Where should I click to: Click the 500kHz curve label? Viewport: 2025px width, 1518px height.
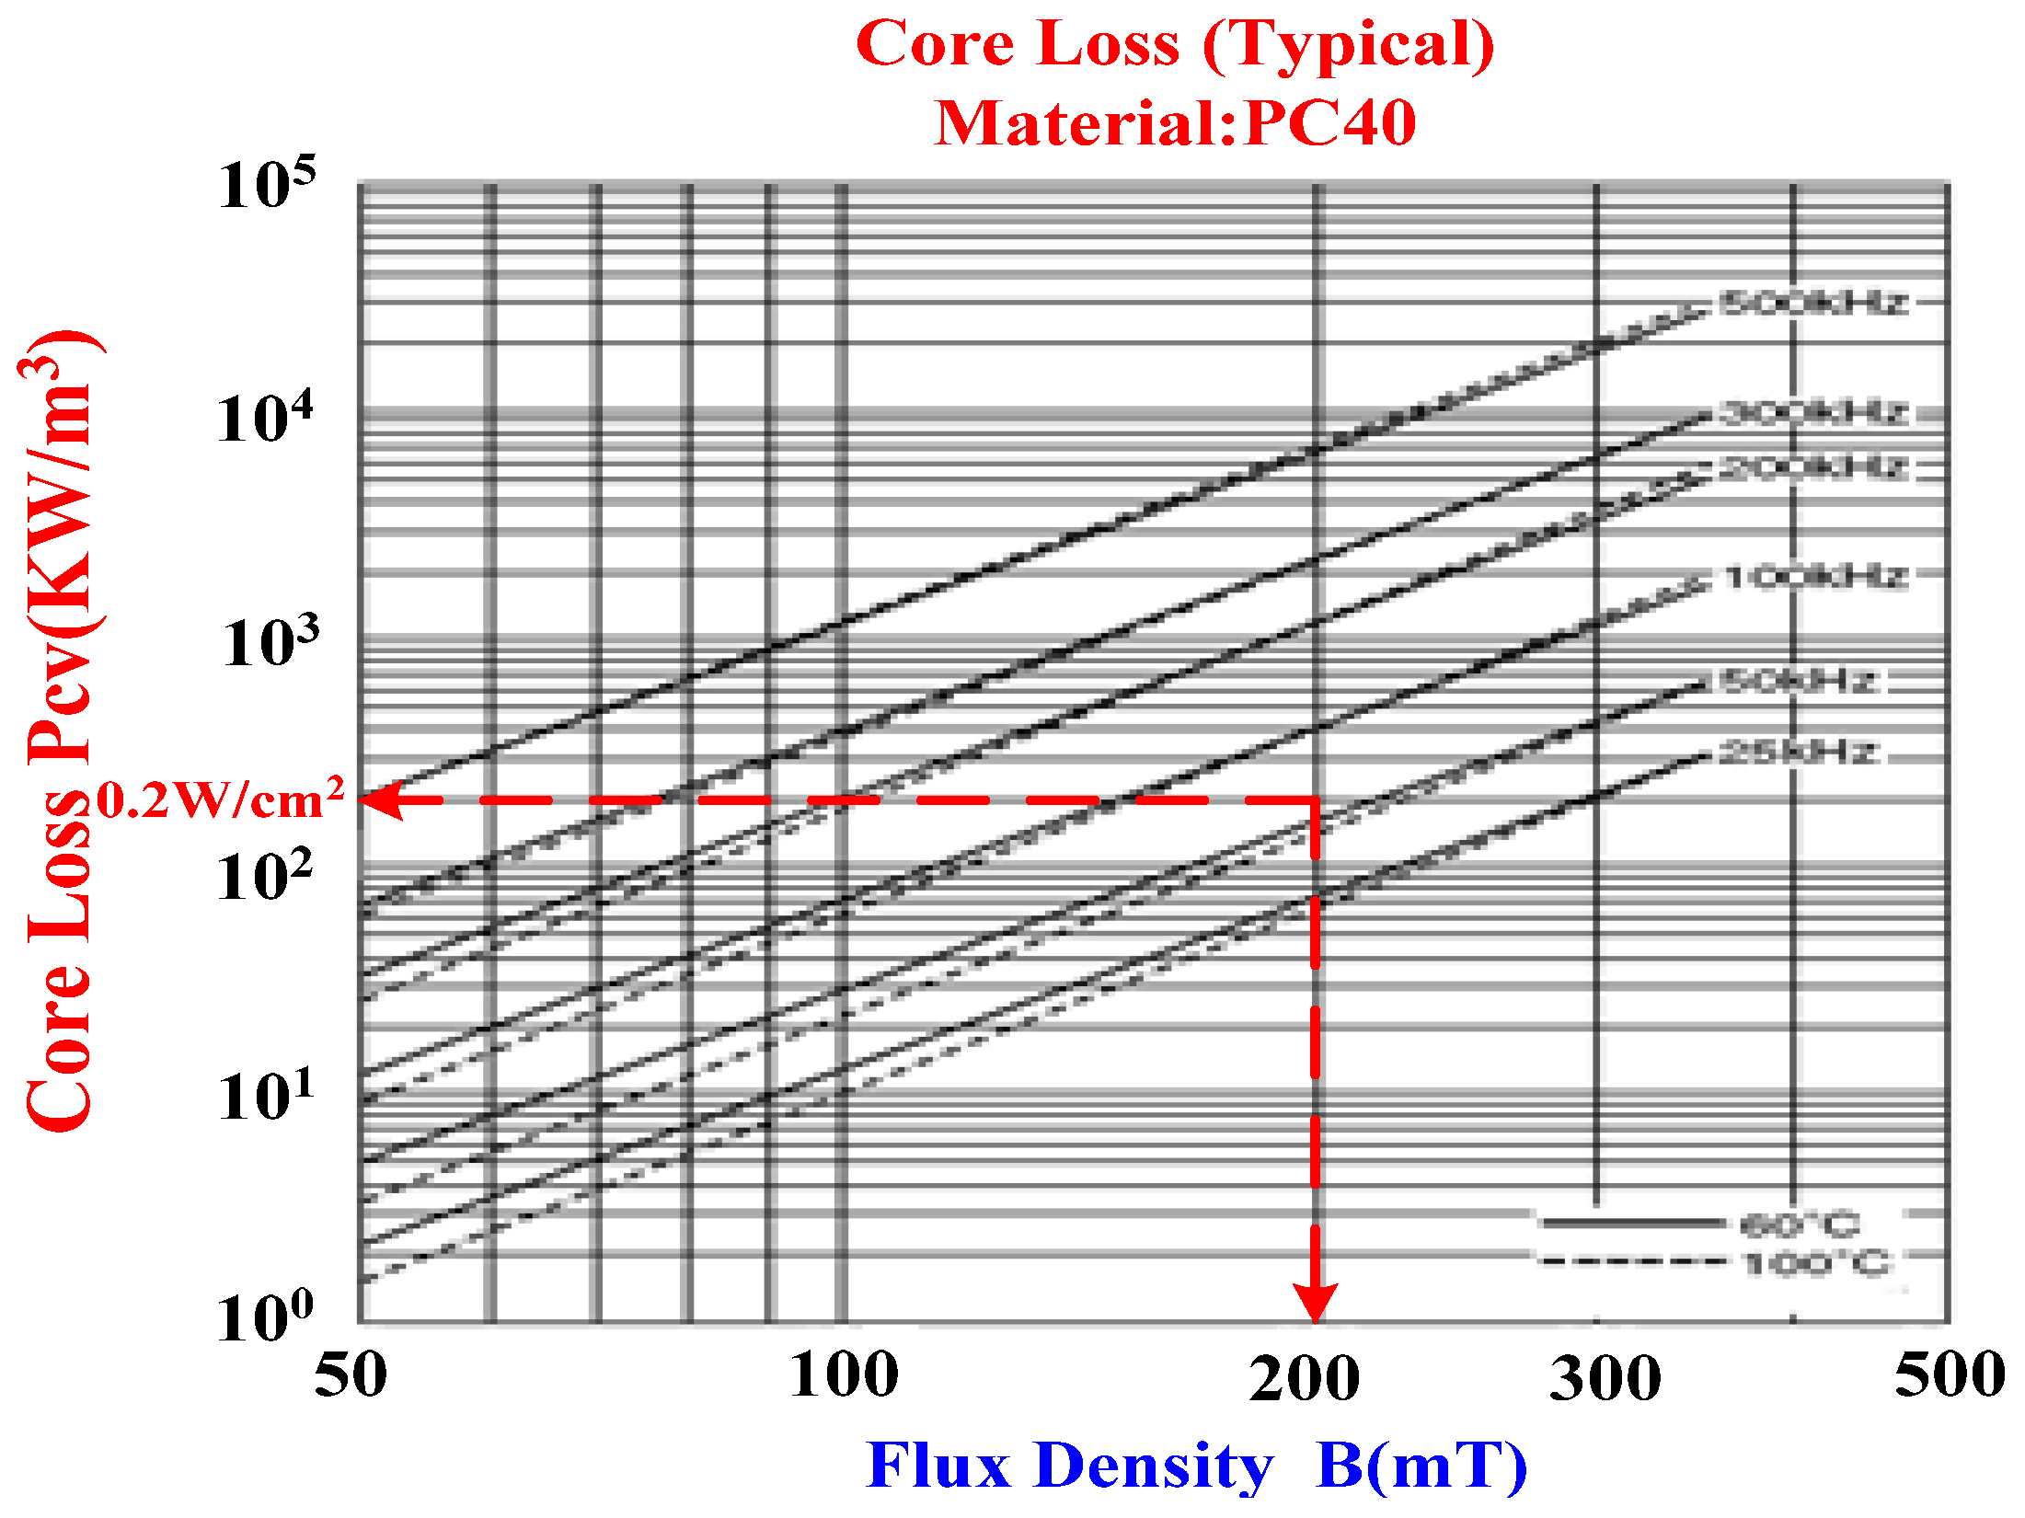1812,303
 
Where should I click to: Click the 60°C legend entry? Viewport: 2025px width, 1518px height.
1799,1225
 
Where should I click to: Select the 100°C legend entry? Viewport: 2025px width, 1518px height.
1817,1263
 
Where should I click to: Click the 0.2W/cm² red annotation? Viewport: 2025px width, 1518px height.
221,799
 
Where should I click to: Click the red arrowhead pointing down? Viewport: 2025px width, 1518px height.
1315,1302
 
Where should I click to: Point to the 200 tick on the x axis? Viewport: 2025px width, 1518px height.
1304,1378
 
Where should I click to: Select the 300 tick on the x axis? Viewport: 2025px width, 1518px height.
1605,1378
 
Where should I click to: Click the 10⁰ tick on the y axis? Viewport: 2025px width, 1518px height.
265,1317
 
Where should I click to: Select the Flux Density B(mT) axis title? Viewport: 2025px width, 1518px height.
1196,1466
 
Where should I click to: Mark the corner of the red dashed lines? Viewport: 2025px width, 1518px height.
1316,800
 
